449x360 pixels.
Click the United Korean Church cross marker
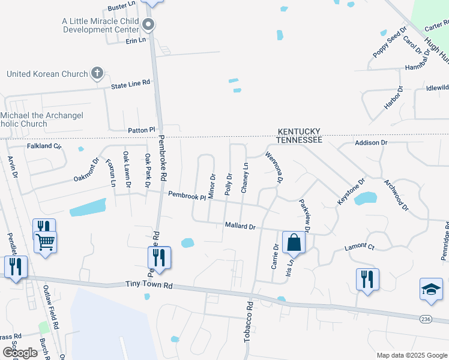[x=97, y=74]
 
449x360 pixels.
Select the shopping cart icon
[x=46, y=242]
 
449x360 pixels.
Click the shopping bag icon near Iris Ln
[x=294, y=243]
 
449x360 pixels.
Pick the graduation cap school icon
[x=431, y=289]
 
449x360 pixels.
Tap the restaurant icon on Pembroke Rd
[x=159, y=257]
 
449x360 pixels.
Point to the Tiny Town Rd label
[x=149, y=284]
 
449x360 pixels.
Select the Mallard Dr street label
[x=240, y=226]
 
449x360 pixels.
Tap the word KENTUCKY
[x=299, y=131]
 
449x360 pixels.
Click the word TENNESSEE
[x=299, y=140]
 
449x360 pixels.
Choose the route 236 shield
[x=426, y=319]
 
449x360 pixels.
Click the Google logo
[x=19, y=353]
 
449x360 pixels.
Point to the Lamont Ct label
[x=359, y=247]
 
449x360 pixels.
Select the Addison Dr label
[x=372, y=143]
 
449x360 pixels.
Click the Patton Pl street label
[x=141, y=130]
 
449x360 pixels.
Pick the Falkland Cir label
[x=44, y=146]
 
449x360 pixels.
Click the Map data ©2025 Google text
[x=411, y=355]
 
